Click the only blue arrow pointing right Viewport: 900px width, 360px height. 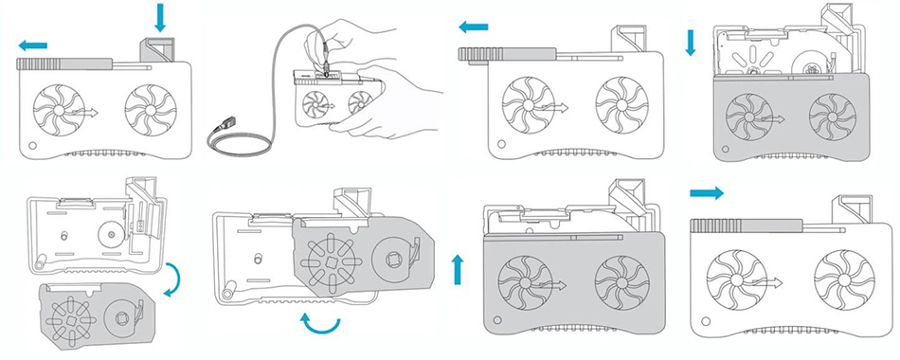(x=706, y=193)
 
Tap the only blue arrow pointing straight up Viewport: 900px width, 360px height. (x=459, y=269)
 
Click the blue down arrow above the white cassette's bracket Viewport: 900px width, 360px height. (x=159, y=16)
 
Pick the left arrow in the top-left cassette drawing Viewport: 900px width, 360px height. (x=32, y=45)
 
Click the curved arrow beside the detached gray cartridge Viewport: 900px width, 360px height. (x=171, y=280)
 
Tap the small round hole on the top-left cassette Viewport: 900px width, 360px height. (x=33, y=147)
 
